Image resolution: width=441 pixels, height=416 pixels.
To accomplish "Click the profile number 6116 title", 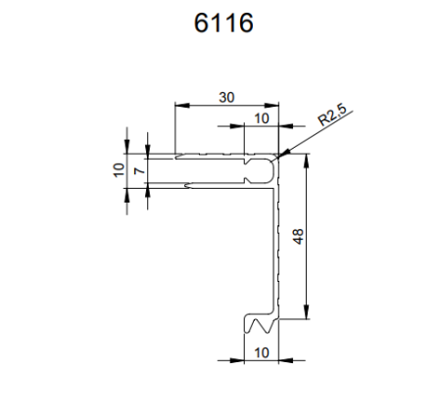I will pyautogui.click(x=220, y=22).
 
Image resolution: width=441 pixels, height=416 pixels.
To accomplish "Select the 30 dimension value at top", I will pyautogui.click(x=226, y=97).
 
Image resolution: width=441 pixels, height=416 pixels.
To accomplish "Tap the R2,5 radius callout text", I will pyautogui.click(x=334, y=119).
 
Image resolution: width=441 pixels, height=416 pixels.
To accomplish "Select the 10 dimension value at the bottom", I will pyautogui.click(x=262, y=351).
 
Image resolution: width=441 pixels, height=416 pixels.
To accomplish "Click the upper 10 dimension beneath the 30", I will pyautogui.click(x=261, y=118).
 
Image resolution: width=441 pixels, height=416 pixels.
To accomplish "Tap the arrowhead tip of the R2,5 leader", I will pyautogui.click(x=281, y=156).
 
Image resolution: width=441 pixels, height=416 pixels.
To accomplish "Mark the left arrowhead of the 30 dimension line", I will pyautogui.click(x=177, y=105).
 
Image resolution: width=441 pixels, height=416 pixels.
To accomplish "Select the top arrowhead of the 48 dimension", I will pyautogui.click(x=308, y=162).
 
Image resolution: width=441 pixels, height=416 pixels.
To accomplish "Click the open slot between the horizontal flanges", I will pyautogui.click(x=211, y=170).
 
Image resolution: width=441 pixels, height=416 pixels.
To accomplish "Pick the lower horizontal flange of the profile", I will pyautogui.click(x=211, y=184).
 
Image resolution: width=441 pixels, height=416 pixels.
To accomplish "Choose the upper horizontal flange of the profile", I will pyautogui.click(x=211, y=156).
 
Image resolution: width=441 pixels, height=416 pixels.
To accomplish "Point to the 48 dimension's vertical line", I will pyautogui.click(x=308, y=274).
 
